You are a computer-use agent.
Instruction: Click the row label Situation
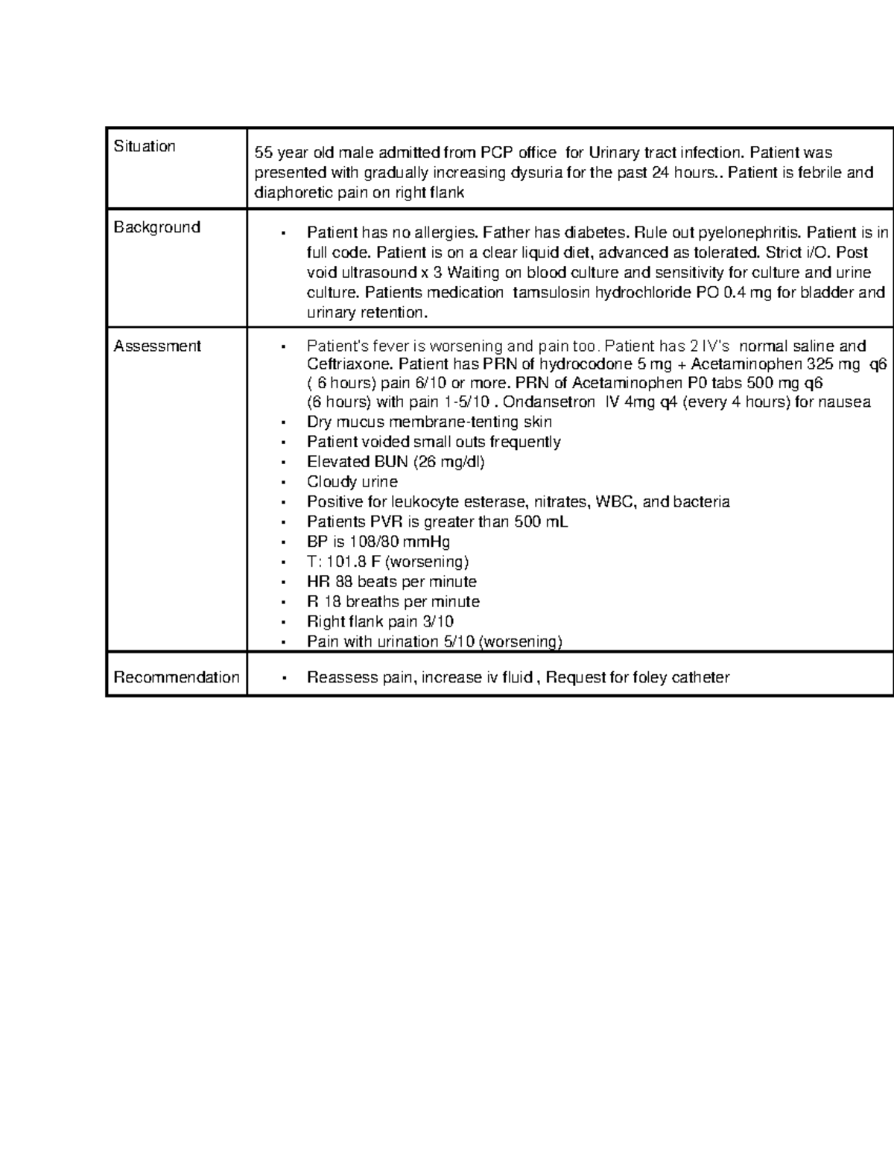pyautogui.click(x=145, y=146)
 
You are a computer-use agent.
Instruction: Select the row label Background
pyautogui.click(x=156, y=227)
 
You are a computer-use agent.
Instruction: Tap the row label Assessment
pyautogui.click(x=157, y=346)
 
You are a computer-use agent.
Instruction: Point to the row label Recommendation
pyautogui.click(x=177, y=677)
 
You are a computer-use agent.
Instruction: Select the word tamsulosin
pyautogui.click(x=550, y=293)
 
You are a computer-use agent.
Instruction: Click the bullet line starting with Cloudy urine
pyautogui.click(x=352, y=482)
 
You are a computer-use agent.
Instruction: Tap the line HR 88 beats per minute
pyautogui.click(x=391, y=582)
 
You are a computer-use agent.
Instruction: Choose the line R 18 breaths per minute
pyautogui.click(x=393, y=602)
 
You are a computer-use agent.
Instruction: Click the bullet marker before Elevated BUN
pyautogui.click(x=283, y=463)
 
